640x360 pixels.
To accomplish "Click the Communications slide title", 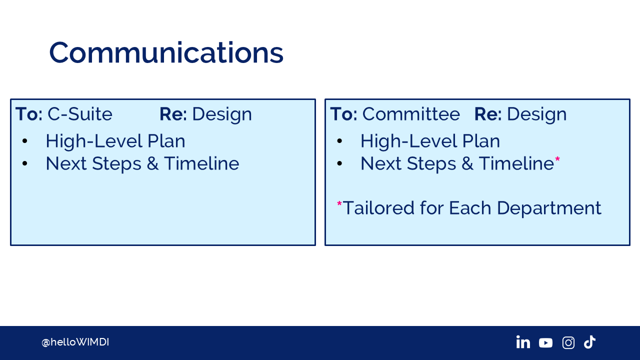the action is click(x=166, y=53).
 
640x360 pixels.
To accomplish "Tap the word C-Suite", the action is click(x=79, y=114).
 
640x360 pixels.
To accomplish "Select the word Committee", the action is click(x=411, y=114).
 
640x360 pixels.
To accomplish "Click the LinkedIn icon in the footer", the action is click(x=523, y=342).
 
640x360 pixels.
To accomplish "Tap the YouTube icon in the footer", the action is click(x=545, y=343).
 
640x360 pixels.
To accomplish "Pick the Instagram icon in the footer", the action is click(x=568, y=342).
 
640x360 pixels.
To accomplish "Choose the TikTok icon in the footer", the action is click(x=589, y=342).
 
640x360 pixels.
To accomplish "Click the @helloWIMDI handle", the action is click(x=75, y=342).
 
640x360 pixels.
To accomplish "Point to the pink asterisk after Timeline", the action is click(x=557, y=159).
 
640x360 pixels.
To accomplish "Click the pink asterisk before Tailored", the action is click(x=339, y=203).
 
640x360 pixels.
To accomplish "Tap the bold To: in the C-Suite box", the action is click(x=29, y=114).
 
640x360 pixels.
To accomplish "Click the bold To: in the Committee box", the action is click(x=343, y=114).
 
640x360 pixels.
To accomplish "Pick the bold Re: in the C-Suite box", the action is click(x=173, y=114).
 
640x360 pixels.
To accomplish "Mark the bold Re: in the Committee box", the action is click(x=488, y=114).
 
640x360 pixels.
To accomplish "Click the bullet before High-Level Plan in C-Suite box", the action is click(x=25, y=141).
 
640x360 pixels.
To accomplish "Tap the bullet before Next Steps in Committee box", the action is click(x=339, y=163).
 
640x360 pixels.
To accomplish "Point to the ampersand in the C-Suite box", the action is click(x=152, y=163).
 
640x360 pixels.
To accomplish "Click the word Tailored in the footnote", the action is click(x=378, y=207).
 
